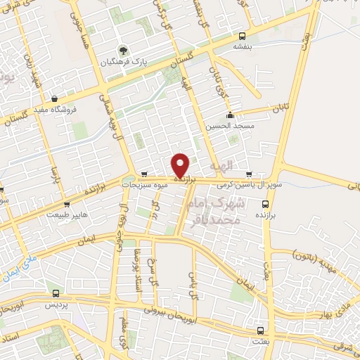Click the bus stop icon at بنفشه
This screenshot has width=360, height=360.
242,37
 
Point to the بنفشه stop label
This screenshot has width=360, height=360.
242,47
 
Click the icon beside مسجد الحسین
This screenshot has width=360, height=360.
229,116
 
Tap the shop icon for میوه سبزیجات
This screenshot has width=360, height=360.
144,174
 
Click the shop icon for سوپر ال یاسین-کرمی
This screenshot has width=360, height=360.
249,175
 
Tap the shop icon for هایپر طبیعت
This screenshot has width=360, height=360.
67,205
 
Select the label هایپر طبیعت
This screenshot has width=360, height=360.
65,215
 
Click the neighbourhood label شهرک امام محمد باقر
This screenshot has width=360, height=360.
229,211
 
